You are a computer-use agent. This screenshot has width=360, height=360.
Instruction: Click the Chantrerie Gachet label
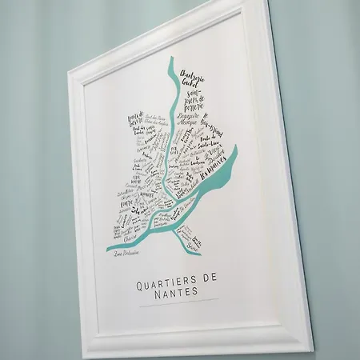(x=194, y=77)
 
